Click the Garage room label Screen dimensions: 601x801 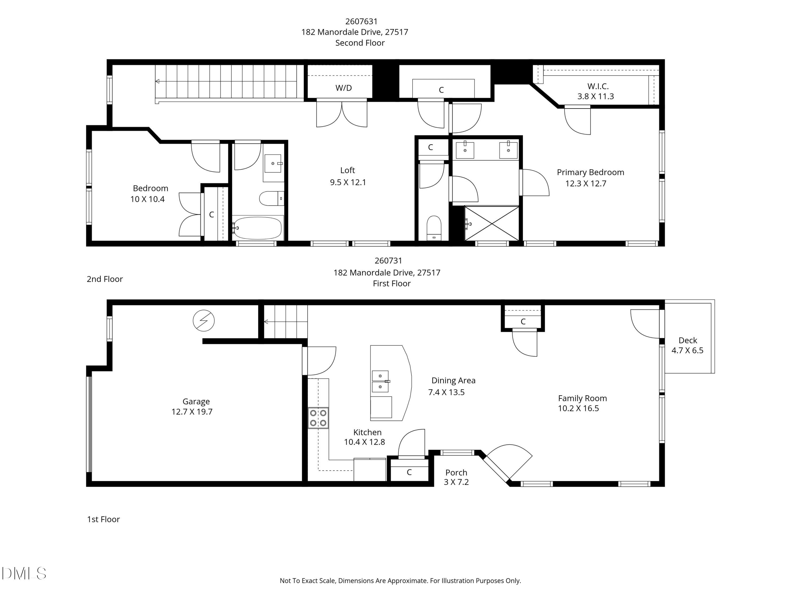click(x=196, y=401)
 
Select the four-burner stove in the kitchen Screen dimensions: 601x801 click(x=318, y=418)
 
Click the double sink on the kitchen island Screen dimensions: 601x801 click(x=380, y=381)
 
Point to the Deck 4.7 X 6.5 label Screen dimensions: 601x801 click(x=687, y=345)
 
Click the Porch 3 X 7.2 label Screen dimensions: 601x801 click(x=456, y=477)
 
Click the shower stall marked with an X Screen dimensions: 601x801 click(x=492, y=223)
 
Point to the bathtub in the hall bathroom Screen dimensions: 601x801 click(x=257, y=228)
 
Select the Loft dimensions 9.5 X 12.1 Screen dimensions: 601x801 click(x=348, y=182)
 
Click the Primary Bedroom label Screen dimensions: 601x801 click(x=590, y=173)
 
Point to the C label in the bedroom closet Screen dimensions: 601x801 click(x=211, y=215)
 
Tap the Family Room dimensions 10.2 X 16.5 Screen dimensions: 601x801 click(x=578, y=408)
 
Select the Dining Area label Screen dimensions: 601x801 click(x=453, y=380)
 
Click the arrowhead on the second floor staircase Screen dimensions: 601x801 click(x=158, y=81)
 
